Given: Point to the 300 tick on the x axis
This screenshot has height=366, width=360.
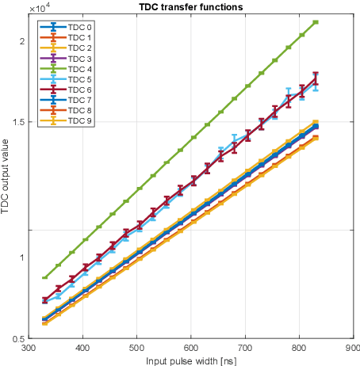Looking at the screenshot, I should pos(29,347).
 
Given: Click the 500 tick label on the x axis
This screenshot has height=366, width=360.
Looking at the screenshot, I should pos(137,347).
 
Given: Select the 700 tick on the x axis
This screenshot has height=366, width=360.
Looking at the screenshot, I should pos(245,347).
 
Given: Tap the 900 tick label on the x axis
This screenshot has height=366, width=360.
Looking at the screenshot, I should pos(353,347).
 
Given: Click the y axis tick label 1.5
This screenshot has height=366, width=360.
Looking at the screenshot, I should pos(17,121).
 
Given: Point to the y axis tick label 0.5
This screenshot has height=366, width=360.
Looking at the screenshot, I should pos(17,338).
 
